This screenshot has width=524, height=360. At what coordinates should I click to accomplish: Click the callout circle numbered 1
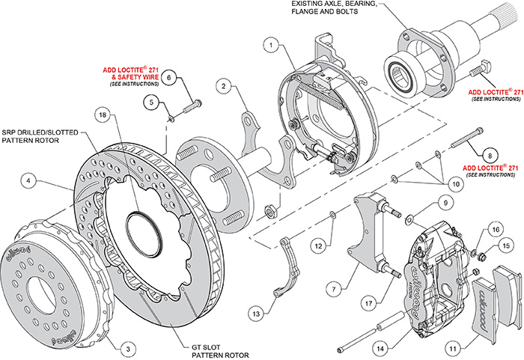point(267,45)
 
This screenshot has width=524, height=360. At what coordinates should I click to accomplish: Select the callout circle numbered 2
point(224,87)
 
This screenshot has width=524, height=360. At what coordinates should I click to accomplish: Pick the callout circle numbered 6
point(169,77)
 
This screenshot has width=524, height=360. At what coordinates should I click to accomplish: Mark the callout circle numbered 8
point(488,154)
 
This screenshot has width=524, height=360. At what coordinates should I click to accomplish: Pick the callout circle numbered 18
point(102,115)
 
